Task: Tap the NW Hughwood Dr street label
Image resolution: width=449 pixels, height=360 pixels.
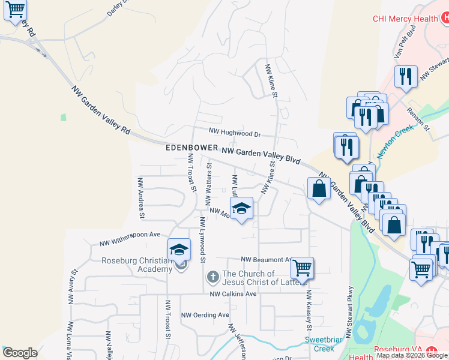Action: (x=235, y=133)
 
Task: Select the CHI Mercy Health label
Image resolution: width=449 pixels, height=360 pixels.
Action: (x=405, y=19)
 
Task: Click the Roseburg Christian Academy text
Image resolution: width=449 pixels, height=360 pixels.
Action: (x=137, y=265)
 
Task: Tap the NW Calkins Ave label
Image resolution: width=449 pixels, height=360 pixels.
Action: (x=233, y=294)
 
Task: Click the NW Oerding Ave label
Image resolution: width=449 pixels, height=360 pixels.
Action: (x=205, y=314)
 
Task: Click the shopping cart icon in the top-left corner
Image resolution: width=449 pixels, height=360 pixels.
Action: (x=15, y=10)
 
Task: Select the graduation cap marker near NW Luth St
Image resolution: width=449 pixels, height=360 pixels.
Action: (x=241, y=208)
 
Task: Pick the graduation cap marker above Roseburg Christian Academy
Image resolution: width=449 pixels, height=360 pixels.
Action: (x=179, y=249)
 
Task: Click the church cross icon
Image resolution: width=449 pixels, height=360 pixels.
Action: (x=212, y=277)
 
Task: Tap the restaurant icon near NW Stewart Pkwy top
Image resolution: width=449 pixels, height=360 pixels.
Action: (x=406, y=76)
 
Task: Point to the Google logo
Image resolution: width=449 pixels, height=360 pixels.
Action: (x=20, y=353)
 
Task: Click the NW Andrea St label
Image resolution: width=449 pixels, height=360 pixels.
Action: (x=142, y=198)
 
